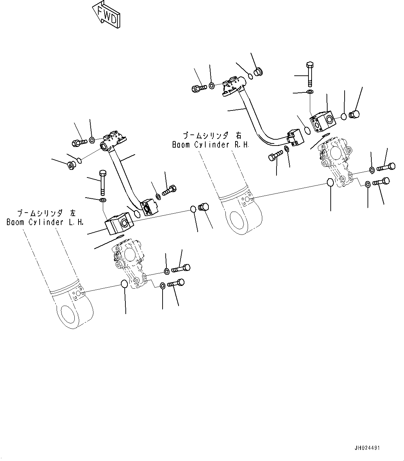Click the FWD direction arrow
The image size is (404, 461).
pos(106,14)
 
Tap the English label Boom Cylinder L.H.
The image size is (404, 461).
pos(45,222)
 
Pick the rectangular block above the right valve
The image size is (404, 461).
pos(322,121)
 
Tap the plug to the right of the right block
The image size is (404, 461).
pos(355,114)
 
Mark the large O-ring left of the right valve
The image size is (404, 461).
pos(330,182)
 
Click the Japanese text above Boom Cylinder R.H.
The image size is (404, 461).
pos(212,135)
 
